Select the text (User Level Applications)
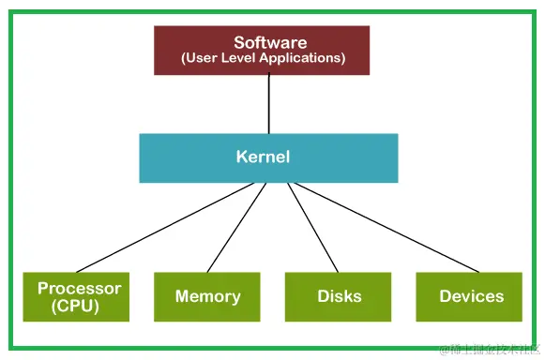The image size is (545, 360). (262, 58)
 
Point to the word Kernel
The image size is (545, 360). (263, 157)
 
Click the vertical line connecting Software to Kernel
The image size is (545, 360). (269, 103)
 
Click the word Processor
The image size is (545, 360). (80, 288)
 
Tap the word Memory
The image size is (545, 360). (207, 296)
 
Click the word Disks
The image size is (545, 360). (339, 296)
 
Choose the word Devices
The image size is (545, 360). (471, 296)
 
